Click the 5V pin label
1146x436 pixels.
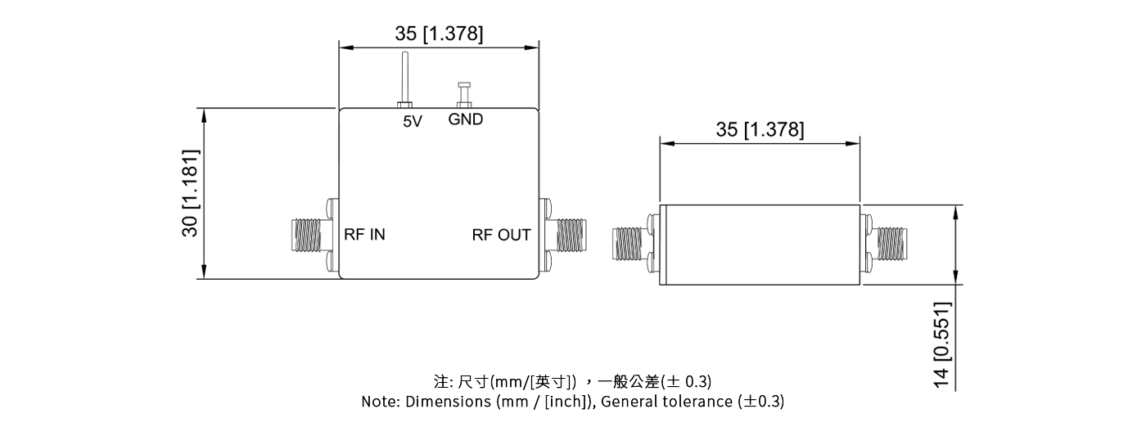[x=412, y=122]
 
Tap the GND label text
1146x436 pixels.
[x=466, y=119]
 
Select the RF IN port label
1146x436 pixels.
[x=363, y=235]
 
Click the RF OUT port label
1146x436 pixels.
[x=501, y=235]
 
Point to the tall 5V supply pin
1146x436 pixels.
[x=404, y=78]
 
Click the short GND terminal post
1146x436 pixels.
[x=464, y=93]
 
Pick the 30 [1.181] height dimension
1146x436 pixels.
[x=190, y=193]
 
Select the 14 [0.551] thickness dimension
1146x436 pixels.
[x=942, y=344]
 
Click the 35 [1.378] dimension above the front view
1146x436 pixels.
[x=439, y=34]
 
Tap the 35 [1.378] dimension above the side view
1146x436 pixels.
[x=760, y=129]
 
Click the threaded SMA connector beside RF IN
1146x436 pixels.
[x=309, y=236]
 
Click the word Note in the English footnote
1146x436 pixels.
[x=379, y=402]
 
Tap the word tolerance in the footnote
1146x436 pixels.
[x=698, y=402]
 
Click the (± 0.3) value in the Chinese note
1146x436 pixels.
[x=687, y=381]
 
